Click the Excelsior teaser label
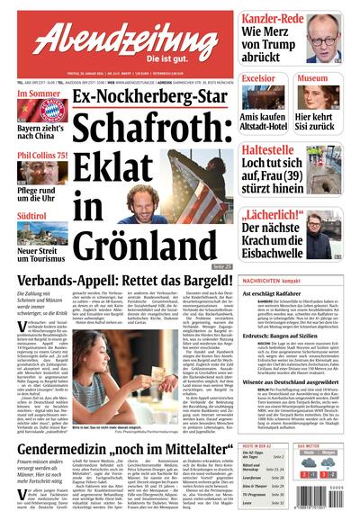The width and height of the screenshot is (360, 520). [x=258, y=79]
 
